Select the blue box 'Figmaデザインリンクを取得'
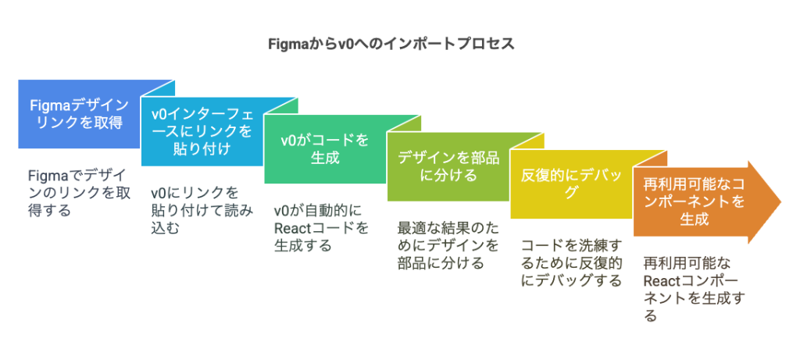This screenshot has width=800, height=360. (x=79, y=114)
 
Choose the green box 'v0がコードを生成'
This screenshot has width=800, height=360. (x=325, y=149)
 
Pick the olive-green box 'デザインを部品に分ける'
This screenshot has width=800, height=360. (x=448, y=166)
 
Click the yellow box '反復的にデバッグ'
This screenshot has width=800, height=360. (x=571, y=183)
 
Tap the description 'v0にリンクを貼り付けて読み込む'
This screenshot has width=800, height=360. (x=202, y=210)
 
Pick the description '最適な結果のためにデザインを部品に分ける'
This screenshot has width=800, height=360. (x=448, y=245)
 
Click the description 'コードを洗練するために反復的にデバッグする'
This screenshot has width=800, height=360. (x=571, y=262)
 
